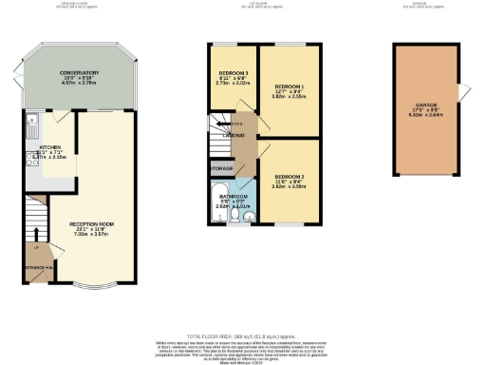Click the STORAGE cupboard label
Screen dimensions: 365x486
pos(220,168)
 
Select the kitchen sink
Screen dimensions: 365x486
pos(32,121)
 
